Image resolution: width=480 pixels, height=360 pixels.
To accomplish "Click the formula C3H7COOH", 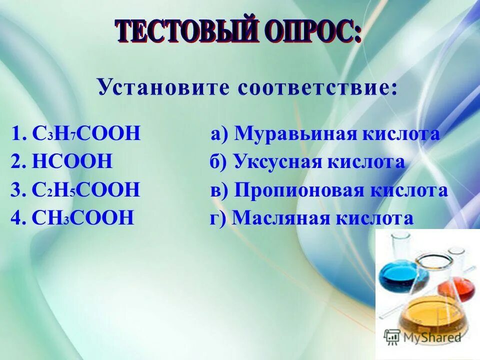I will point(87,134).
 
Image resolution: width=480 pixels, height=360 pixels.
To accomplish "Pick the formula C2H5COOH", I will point(86,190).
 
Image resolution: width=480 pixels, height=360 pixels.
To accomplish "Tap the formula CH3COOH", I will point(82,218).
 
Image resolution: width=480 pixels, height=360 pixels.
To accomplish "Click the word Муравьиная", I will point(291,134).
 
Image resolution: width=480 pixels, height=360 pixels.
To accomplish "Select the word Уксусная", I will point(277,162).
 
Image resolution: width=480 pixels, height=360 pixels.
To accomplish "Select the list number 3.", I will point(15,190).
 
